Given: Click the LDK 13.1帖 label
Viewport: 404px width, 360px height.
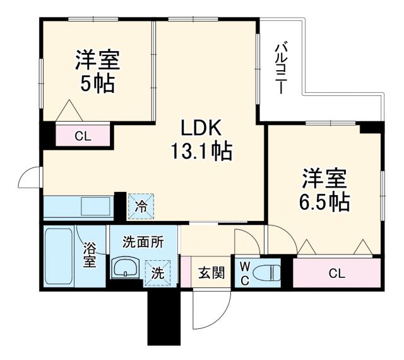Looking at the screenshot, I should tap(200, 140).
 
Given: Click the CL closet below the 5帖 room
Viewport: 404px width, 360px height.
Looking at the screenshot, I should tap(82, 135).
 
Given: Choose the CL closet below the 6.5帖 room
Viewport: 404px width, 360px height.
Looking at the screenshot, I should tap(337, 273).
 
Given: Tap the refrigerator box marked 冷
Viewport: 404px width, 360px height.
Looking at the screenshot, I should tap(141, 205).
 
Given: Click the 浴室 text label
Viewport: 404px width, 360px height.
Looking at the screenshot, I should tap(90, 256).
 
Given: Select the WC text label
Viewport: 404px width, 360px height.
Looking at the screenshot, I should tap(244, 273).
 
